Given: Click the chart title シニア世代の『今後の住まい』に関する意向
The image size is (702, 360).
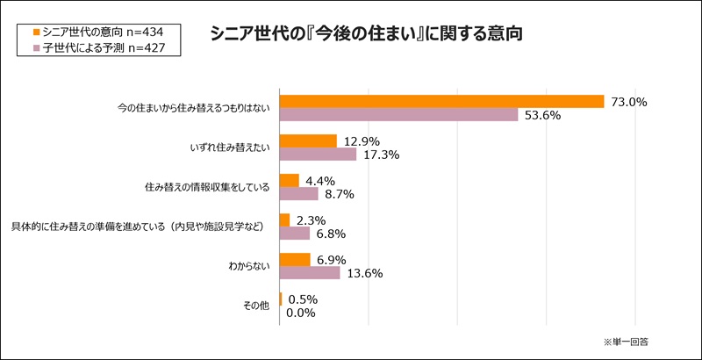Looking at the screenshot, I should (x=366, y=37).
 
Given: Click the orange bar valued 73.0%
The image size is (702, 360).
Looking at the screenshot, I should (x=441, y=102).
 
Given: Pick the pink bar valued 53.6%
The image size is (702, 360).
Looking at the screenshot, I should (x=398, y=115).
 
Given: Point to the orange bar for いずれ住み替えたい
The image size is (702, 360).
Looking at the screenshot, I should (x=308, y=141).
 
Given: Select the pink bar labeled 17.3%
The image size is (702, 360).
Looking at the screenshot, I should (x=318, y=155).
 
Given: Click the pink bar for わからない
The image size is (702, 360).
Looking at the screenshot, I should (x=309, y=273).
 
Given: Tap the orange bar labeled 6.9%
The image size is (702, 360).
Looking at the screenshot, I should (x=295, y=260).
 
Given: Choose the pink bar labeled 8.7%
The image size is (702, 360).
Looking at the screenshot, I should (x=298, y=194).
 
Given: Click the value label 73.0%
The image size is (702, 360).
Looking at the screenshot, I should (x=628, y=102).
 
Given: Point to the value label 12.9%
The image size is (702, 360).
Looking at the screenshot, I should (x=362, y=141).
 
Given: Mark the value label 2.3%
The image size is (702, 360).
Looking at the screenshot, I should (x=313, y=220).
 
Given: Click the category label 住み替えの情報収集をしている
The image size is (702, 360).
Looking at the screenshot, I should (x=207, y=187).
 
